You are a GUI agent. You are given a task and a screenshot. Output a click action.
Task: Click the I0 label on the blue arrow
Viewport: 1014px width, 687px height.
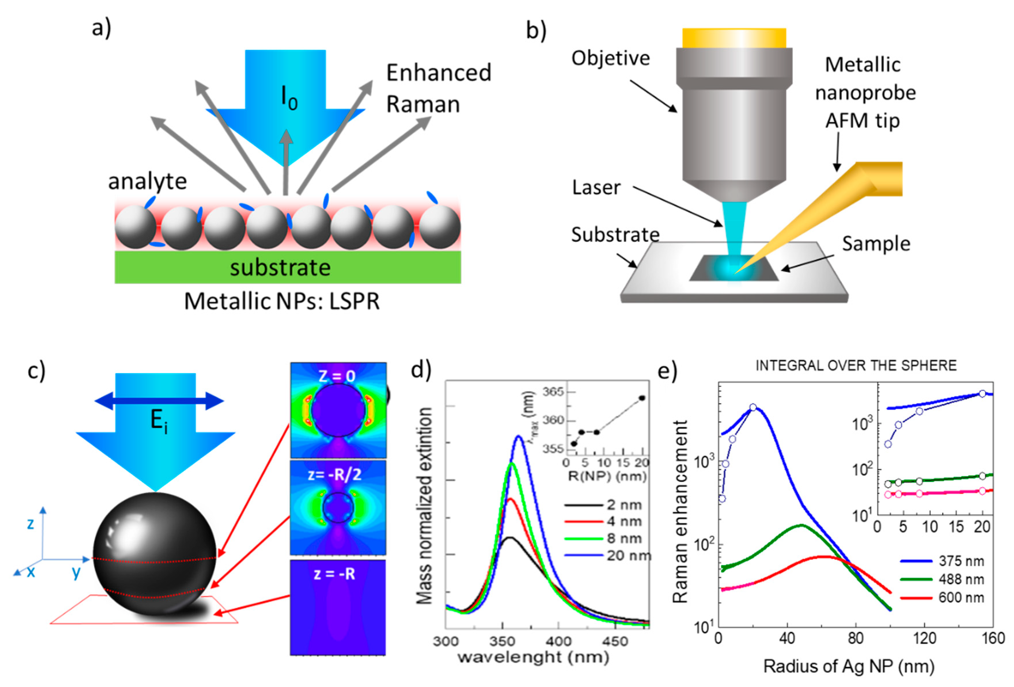tap(289, 98)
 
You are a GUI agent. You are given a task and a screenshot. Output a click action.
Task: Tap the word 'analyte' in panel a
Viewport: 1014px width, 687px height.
tap(147, 181)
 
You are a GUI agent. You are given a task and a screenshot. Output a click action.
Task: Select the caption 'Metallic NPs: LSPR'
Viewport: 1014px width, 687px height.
tap(281, 301)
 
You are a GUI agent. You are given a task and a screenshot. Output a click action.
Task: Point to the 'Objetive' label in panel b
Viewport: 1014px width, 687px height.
tap(611, 58)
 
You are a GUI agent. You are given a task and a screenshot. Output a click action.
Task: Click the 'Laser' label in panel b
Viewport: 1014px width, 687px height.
tap(596, 187)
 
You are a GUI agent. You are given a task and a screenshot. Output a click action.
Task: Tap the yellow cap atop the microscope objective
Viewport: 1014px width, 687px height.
tap(734, 38)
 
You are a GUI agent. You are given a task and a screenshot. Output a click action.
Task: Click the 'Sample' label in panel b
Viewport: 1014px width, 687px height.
tap(876, 243)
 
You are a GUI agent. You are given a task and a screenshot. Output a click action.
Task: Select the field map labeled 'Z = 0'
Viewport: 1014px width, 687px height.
tap(338, 410)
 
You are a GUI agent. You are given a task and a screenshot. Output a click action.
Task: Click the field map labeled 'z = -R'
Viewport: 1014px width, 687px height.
tap(338, 607)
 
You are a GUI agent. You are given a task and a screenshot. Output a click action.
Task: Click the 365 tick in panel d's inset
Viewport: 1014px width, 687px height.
tap(553, 392)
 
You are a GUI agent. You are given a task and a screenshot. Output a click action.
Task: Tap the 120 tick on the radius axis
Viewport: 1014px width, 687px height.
tap(924, 638)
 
